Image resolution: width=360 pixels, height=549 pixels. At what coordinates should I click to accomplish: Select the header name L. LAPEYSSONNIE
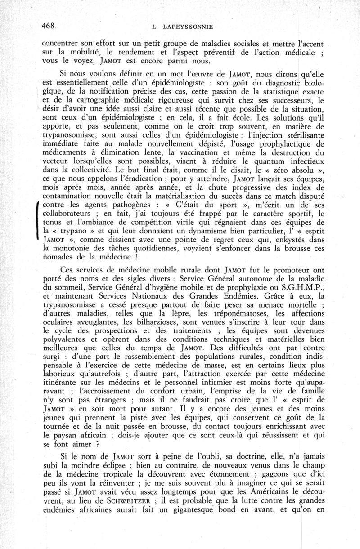point(179,27)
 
